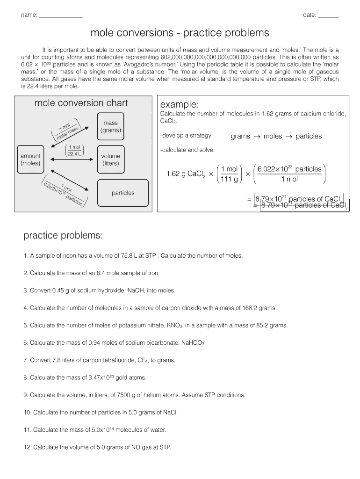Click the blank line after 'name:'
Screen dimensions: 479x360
61,15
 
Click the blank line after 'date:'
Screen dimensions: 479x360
328,15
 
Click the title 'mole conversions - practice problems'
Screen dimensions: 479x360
180,33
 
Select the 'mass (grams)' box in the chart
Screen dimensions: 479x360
110,127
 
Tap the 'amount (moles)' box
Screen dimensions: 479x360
30,160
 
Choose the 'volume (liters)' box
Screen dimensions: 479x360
110,160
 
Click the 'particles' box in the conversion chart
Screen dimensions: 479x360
122,193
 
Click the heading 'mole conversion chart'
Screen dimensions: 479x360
81,103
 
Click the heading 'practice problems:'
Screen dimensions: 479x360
63,236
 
